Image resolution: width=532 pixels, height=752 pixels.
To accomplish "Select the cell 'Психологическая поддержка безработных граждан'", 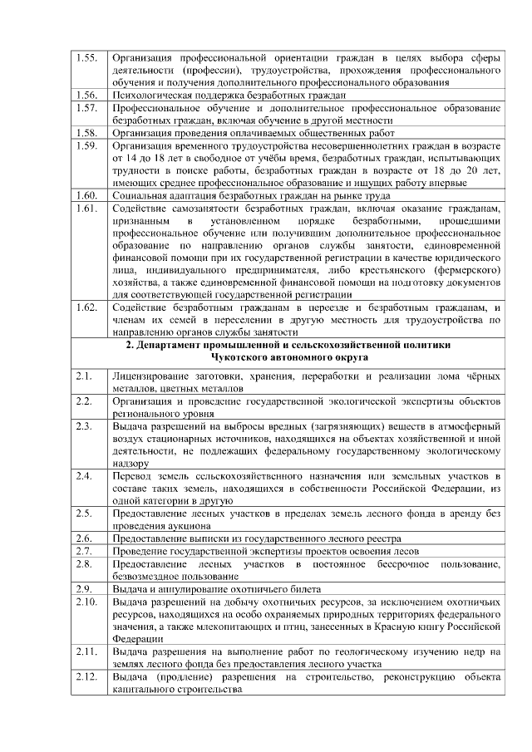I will click(x=229, y=96).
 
